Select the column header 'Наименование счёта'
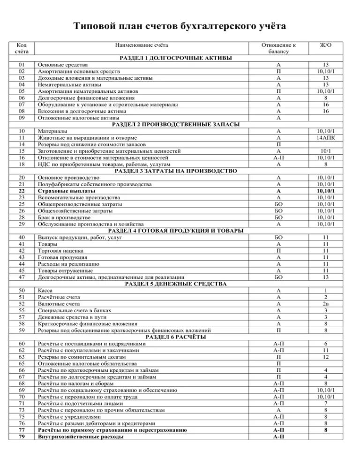click(x=142, y=45)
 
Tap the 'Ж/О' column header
click(x=326, y=45)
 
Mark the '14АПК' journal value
click(x=326, y=138)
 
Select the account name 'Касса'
click(x=46, y=291)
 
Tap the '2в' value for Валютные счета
click(x=326, y=304)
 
